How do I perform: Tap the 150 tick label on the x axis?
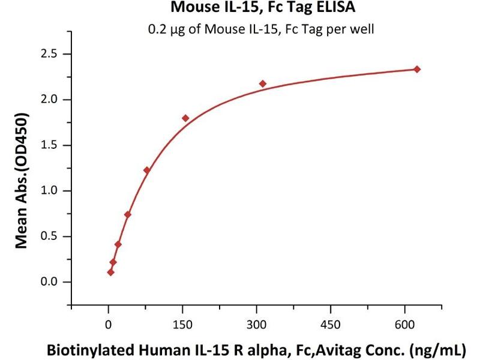click(182, 324)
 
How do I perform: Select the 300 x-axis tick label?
click(257, 324)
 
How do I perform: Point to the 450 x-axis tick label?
click(331, 324)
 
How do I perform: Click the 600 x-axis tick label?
click(405, 324)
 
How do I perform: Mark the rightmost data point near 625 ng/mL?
click(417, 69)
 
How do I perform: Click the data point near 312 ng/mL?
click(263, 83)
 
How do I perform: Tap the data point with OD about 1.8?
click(185, 118)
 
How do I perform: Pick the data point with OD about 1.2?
click(147, 170)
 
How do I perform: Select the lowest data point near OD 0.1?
click(110, 272)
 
